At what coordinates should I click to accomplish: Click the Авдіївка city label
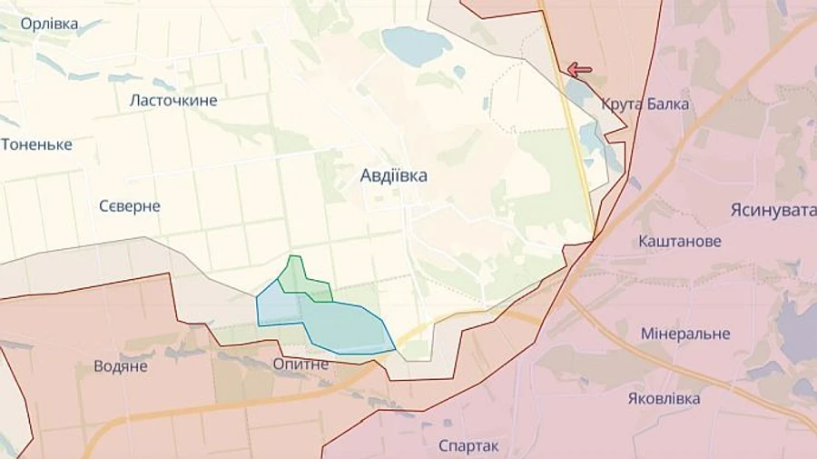394,176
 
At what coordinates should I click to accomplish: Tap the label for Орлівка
49,24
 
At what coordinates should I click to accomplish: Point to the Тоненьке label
36,145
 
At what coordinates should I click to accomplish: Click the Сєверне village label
130,206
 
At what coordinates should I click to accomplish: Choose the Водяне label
121,366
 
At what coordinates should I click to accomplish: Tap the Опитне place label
300,364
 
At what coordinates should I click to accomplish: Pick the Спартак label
468,445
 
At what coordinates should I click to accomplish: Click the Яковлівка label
664,399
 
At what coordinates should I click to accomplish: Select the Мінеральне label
685,334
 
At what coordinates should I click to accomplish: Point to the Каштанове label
680,242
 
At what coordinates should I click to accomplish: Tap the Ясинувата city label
773,211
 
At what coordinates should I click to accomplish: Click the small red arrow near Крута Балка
579,69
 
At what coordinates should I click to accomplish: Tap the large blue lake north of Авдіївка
417,45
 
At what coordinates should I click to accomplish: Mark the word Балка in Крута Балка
668,105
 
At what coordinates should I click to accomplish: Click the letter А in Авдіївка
366,176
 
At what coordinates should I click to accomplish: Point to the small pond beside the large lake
459,72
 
